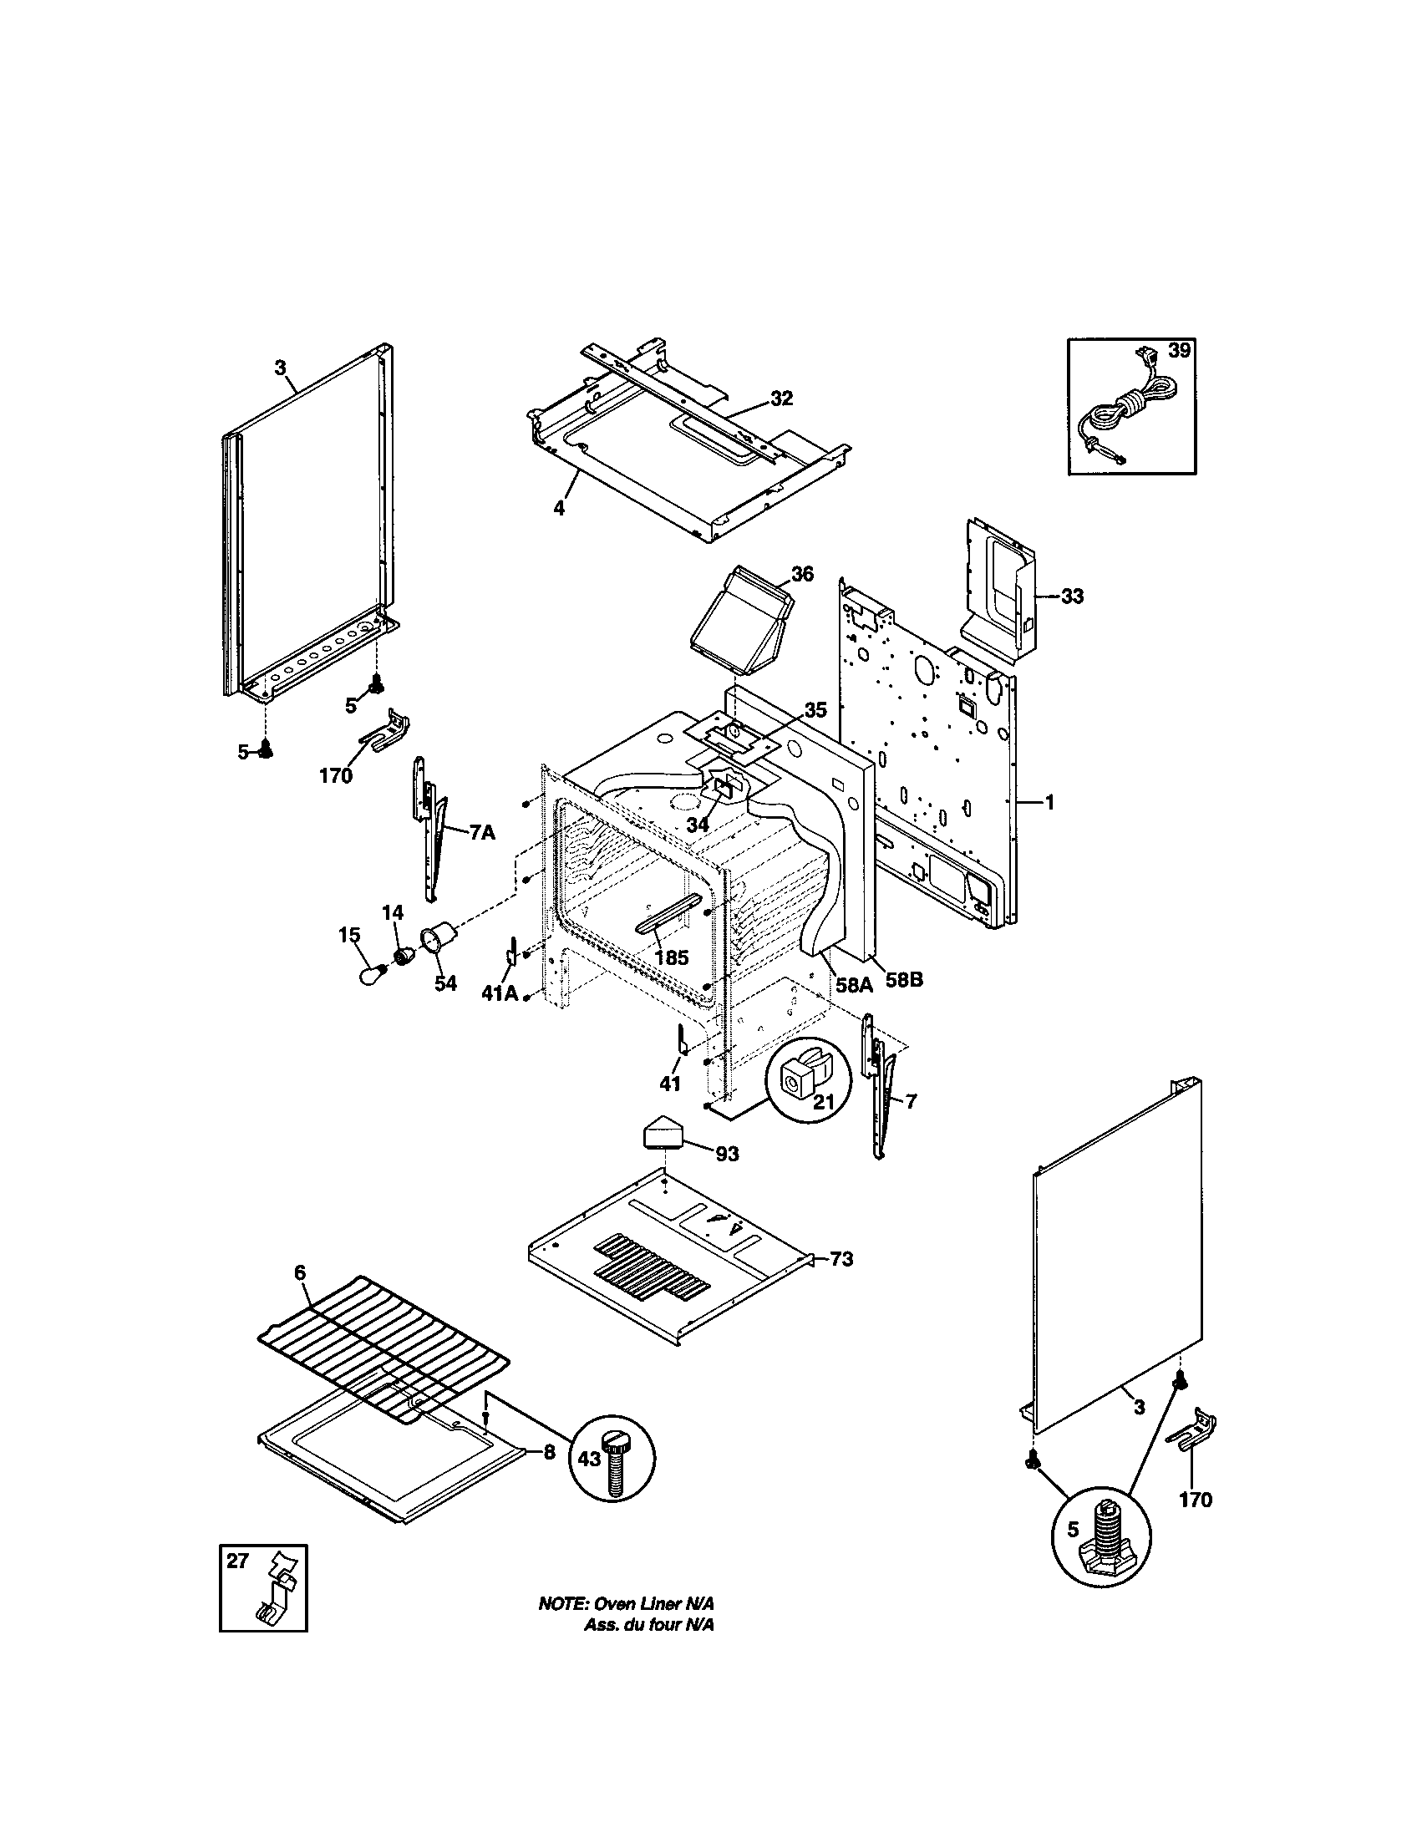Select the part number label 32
782,399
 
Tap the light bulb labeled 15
370,973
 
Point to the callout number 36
802,574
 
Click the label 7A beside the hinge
481,832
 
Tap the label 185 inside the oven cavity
671,957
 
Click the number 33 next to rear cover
1071,597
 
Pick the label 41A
499,993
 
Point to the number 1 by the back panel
1049,802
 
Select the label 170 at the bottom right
1196,1499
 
